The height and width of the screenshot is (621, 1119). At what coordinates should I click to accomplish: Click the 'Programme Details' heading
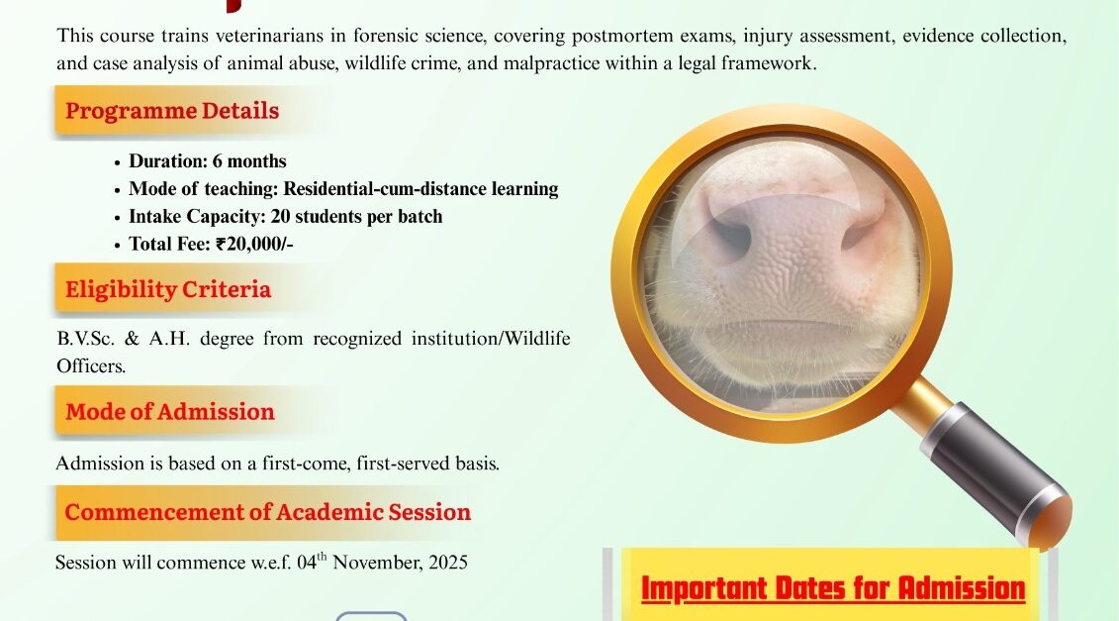172,111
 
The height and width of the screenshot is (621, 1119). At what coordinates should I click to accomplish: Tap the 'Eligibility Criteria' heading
168,289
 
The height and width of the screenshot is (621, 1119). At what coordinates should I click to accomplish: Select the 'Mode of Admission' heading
170,412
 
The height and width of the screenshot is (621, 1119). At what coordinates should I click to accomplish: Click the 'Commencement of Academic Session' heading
267,512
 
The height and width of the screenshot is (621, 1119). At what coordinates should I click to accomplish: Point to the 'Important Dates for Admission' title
833,588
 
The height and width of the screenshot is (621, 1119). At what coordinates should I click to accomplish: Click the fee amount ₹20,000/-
255,245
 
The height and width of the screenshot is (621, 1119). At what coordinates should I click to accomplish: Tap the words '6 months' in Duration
249,161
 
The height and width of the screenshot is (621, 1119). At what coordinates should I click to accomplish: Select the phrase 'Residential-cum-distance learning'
420,188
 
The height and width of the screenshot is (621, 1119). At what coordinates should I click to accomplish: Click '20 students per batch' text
357,217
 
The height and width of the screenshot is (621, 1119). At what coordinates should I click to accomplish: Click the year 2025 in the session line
448,563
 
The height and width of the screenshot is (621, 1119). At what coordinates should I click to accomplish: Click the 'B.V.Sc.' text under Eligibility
86,338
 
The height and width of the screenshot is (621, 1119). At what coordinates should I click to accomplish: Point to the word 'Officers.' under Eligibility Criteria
91,365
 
